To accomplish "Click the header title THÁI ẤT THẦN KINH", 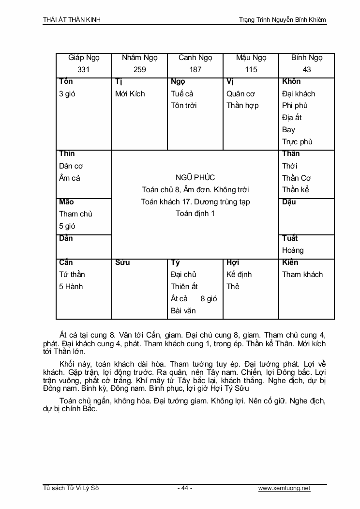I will click(x=72, y=19).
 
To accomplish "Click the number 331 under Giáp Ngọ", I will click(x=84, y=69).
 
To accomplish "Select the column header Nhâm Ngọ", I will click(x=139, y=58).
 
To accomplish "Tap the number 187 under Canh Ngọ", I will click(x=195, y=69).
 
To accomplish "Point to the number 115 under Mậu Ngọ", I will click(x=251, y=69).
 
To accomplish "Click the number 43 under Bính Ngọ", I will click(x=307, y=69).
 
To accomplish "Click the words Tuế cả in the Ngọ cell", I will click(x=182, y=93).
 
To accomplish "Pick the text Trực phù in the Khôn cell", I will click(x=297, y=142).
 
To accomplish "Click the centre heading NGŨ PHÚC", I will click(x=195, y=178).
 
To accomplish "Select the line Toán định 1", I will click(x=195, y=214).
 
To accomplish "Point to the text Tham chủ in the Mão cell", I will click(x=75, y=214).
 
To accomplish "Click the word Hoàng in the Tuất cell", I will click(x=293, y=250).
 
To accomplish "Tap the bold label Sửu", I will click(x=122, y=262).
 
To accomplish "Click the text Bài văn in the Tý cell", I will click(x=183, y=310).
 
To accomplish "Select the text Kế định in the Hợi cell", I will click(x=239, y=274).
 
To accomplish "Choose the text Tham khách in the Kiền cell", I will click(x=302, y=274).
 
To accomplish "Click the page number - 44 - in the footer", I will click(x=184, y=488).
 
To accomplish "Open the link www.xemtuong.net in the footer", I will click(x=284, y=488).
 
